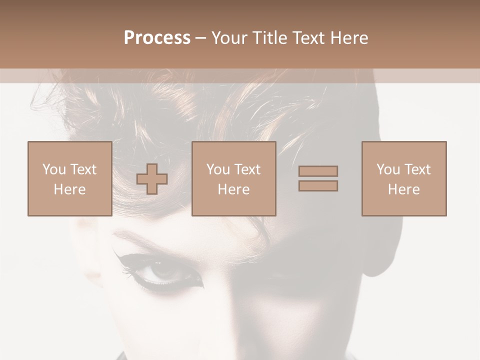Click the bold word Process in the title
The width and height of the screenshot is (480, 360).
click(157, 38)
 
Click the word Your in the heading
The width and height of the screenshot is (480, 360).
click(230, 38)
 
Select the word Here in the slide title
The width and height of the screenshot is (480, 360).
click(349, 38)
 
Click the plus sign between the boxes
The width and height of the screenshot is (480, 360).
click(152, 179)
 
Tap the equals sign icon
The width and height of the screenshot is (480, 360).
click(318, 178)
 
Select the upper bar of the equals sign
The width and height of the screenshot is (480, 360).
click(318, 171)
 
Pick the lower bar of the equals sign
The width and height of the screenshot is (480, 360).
click(318, 186)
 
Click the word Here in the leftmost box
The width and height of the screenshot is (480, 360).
click(69, 189)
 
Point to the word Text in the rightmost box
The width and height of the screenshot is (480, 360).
click(417, 169)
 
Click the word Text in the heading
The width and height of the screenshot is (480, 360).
click(308, 38)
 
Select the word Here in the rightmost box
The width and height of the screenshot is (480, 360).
click(403, 189)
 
